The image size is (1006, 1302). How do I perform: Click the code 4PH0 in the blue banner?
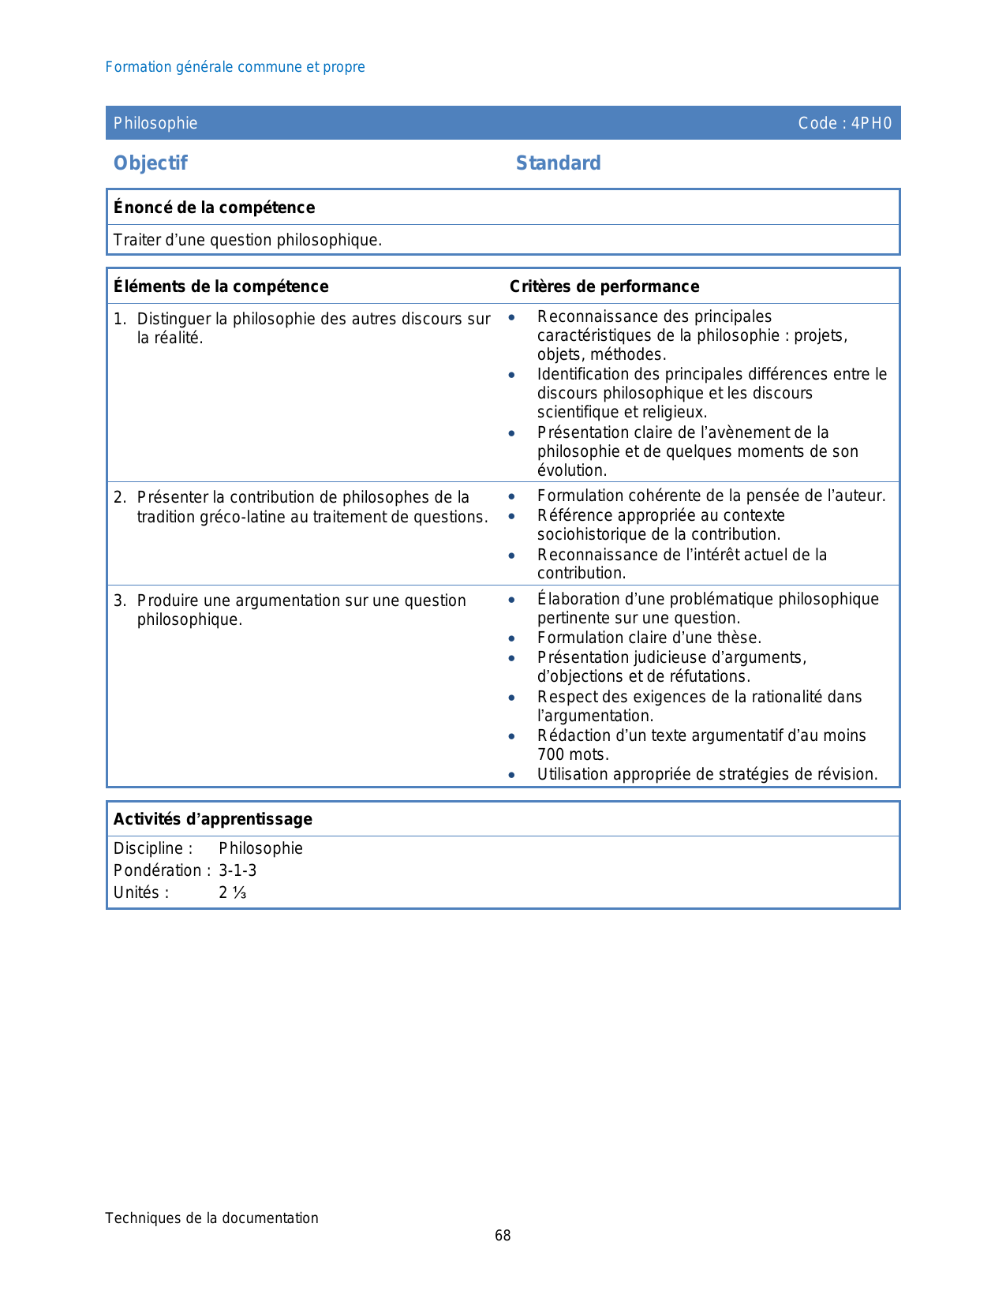click(871, 123)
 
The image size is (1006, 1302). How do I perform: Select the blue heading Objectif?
click(150, 163)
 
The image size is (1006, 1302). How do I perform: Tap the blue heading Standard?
click(558, 163)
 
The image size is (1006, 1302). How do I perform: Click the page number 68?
click(503, 1236)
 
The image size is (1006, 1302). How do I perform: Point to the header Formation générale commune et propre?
click(235, 67)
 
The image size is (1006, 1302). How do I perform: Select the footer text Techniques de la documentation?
click(211, 1218)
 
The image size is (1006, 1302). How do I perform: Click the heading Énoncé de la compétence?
click(214, 208)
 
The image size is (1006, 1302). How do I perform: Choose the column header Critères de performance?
click(604, 286)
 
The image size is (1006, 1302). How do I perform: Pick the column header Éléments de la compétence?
click(221, 286)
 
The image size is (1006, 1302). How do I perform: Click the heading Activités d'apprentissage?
click(213, 819)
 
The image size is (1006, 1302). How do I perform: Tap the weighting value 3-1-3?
click(237, 870)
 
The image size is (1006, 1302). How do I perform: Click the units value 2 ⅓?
click(233, 892)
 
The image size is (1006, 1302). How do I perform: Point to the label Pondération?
click(159, 870)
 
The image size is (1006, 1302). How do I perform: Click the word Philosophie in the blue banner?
click(155, 123)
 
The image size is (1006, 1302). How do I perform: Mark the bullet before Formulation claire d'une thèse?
click(512, 638)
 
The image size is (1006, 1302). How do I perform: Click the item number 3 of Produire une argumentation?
click(118, 600)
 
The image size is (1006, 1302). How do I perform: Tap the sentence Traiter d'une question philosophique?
click(248, 240)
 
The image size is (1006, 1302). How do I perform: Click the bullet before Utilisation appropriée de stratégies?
click(512, 775)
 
